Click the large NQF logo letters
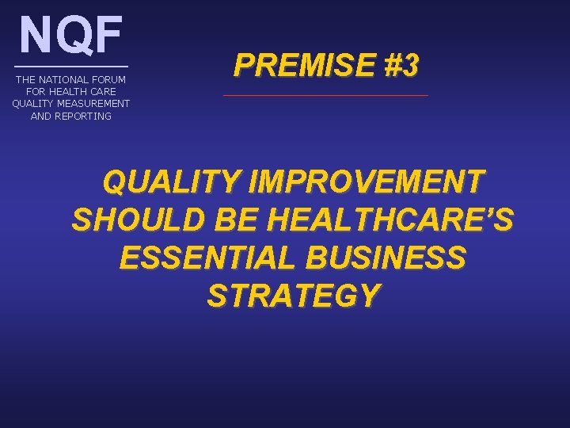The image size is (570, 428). pyautogui.click(x=71, y=35)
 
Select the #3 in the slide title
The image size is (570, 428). pyautogui.click(x=401, y=67)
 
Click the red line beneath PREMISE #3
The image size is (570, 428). pyautogui.click(x=325, y=96)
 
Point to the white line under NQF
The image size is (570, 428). pyautogui.click(x=71, y=65)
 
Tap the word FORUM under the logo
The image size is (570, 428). pyautogui.click(x=108, y=80)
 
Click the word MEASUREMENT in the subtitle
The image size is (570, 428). pyautogui.click(x=91, y=104)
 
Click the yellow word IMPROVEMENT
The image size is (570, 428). pyautogui.click(x=365, y=182)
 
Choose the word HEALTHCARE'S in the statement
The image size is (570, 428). pyautogui.click(x=390, y=220)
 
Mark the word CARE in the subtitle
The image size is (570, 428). pyautogui.click(x=103, y=92)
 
